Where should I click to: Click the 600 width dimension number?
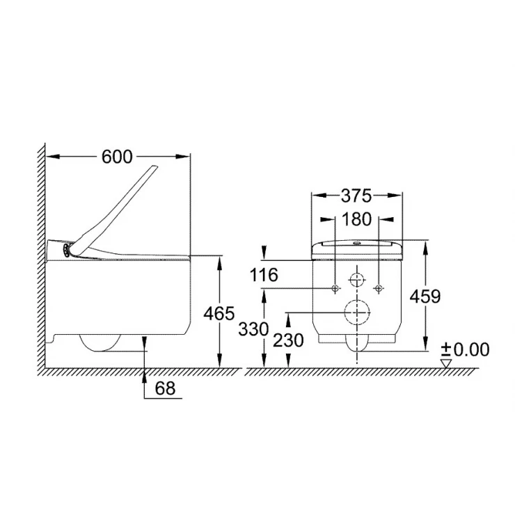(117, 157)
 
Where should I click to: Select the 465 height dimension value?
(219, 313)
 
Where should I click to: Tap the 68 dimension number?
(165, 388)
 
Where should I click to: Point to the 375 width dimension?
(356, 196)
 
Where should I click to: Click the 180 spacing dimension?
(356, 219)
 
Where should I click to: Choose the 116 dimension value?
(264, 275)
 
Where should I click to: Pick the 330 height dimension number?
(253, 328)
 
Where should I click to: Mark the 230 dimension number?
(288, 340)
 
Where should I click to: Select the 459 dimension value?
(425, 296)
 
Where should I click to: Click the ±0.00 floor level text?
(465, 349)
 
